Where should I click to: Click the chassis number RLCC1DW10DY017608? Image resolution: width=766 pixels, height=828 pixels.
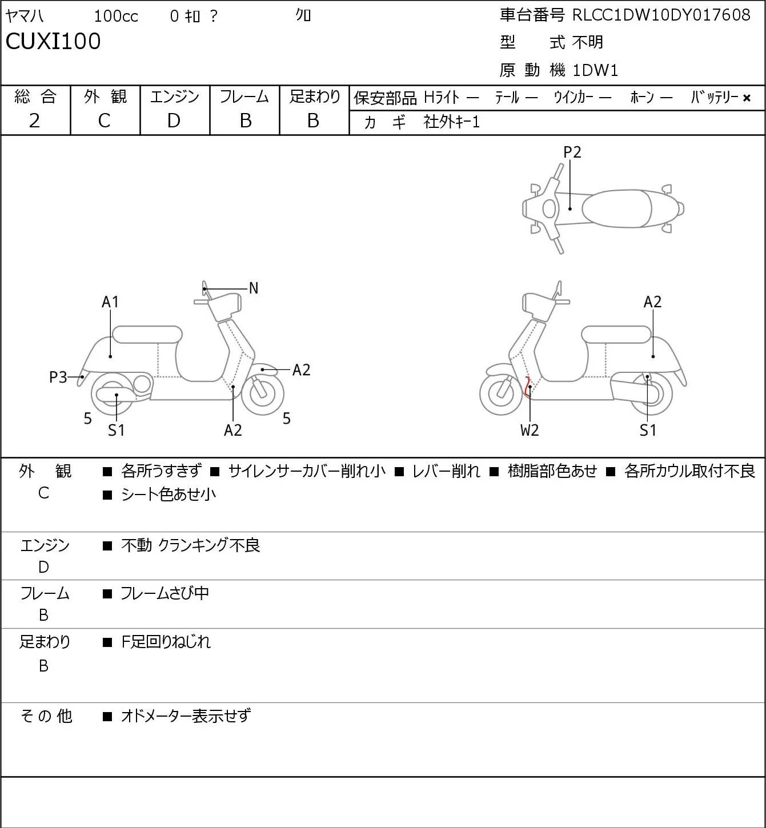[x=661, y=15]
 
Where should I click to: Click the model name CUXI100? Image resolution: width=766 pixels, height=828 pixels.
[x=53, y=41]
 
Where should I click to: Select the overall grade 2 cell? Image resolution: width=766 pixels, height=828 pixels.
[x=35, y=121]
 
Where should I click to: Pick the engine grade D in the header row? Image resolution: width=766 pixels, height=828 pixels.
[x=174, y=121]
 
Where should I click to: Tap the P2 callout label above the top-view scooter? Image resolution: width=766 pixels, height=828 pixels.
[x=572, y=152]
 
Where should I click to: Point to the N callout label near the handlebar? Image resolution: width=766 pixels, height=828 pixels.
[x=253, y=288]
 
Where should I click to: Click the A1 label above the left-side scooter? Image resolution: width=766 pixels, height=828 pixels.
[x=110, y=302]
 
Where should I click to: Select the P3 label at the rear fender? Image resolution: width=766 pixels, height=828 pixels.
[x=58, y=377]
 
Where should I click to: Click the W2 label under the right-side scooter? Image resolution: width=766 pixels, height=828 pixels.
[x=530, y=430]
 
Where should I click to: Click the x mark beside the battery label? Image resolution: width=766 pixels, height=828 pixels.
[x=747, y=98]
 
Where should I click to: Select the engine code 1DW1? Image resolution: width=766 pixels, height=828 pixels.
[x=595, y=70]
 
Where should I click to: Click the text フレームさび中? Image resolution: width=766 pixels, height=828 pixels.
[x=165, y=593]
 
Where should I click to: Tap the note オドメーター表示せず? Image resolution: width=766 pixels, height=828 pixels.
[x=186, y=716]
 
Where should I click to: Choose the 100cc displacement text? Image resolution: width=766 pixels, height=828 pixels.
[x=116, y=16]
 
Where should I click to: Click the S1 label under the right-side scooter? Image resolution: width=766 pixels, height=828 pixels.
[x=648, y=430]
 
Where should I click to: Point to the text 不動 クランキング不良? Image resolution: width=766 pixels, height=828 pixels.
[x=191, y=545]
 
